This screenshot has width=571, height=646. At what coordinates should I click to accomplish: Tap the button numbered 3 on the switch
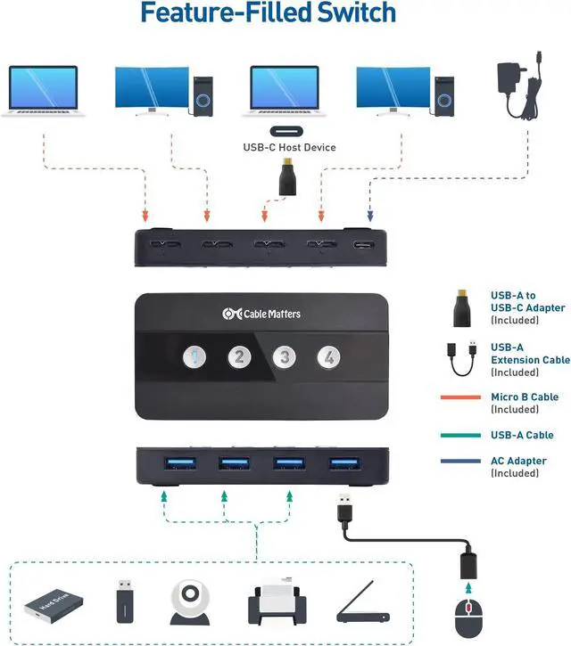(x=285, y=357)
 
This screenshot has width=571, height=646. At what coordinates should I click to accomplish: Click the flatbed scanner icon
(x=360, y=606)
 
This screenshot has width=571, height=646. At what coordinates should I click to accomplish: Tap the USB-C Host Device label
(x=289, y=147)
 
